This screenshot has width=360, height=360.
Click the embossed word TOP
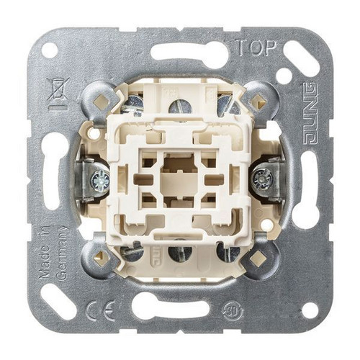point(256,48)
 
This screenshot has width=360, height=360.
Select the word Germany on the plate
point(61,253)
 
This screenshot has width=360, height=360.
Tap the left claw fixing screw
point(100,179)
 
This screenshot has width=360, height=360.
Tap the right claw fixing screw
point(264,179)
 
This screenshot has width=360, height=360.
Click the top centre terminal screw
point(181,107)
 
